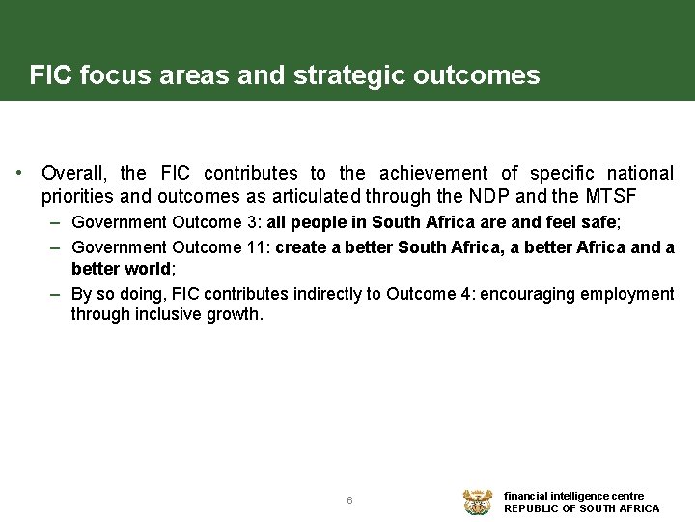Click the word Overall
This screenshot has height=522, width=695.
[74, 174]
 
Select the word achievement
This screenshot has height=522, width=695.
[433, 174]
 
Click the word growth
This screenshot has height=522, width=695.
[234, 314]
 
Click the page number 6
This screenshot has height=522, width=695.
[349, 500]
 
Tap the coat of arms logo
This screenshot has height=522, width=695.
[478, 502]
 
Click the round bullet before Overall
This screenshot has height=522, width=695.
[19, 174]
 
